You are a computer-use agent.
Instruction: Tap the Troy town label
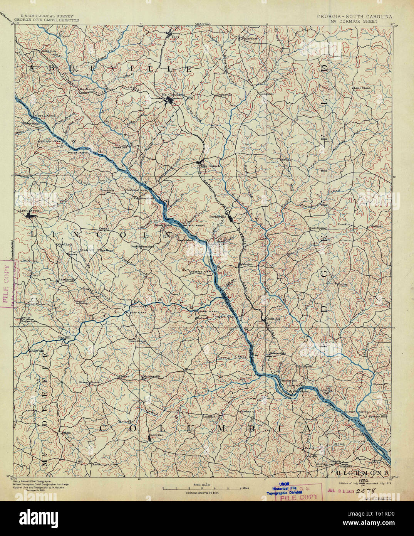tap(175, 37)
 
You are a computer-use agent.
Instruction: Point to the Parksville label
tap(218, 216)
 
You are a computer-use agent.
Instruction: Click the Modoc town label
tap(247, 265)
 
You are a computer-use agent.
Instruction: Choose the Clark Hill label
tap(272, 319)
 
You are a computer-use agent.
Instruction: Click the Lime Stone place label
tap(362, 88)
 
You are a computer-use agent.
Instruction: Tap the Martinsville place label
tap(151, 376)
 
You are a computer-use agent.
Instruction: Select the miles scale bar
tap(203, 489)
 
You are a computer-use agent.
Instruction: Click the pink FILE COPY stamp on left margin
tap(5, 285)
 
